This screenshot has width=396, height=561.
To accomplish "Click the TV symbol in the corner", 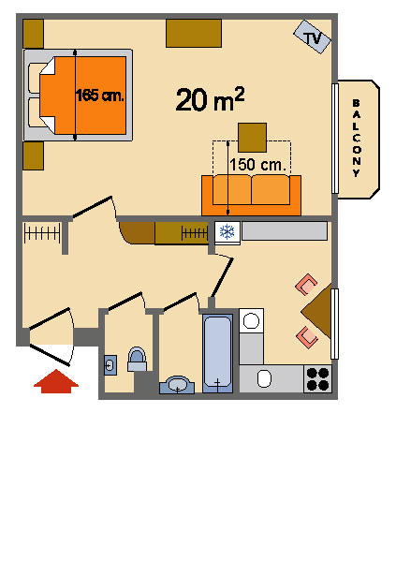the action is pos(312,37).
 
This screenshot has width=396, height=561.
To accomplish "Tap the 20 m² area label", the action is pos(210,99).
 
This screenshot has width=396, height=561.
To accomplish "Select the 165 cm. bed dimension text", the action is pos(100,96).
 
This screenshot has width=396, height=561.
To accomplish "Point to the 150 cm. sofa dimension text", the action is pos(258,165).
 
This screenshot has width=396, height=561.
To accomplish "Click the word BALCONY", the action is pos(357,139).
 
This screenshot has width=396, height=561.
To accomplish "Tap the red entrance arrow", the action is pos(56,381).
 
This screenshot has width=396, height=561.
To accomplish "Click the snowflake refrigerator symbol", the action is pos(227,232).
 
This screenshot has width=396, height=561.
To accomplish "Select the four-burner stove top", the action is pos(317,379).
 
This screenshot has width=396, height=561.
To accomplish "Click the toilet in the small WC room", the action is pos(137,359).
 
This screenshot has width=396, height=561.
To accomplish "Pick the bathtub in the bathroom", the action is pos(217,353).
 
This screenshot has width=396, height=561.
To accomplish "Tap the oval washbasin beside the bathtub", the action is pos(177,385).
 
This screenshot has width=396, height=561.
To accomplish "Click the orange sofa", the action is pos(251,196).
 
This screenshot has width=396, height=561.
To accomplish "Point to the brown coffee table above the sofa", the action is pos(252,138).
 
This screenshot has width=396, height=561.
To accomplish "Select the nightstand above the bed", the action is pos(33,34).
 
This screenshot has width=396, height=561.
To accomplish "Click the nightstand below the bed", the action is pos(33,155).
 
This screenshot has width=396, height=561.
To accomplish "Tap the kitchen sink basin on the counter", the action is pos(264,378).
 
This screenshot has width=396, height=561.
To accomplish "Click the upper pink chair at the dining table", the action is pos(306,285).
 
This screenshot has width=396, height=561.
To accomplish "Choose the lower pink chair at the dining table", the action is pos(307,336).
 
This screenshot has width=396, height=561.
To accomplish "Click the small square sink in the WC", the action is pos(110,365).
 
